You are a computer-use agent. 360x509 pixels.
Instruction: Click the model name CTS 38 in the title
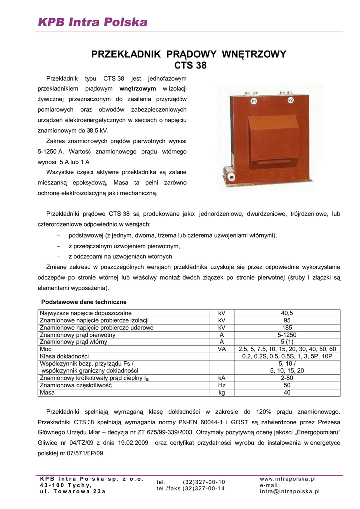click(189, 65)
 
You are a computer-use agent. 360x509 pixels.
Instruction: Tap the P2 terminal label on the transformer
click(291, 100)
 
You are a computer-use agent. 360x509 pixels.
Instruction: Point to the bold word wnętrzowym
click(138, 88)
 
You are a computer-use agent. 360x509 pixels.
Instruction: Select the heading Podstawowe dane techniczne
click(84, 302)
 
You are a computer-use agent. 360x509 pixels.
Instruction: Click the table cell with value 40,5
click(287, 313)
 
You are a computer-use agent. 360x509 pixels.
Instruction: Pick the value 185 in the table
click(287, 328)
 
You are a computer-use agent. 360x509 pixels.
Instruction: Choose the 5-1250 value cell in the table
click(287, 335)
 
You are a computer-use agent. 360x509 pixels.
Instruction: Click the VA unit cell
click(222, 349)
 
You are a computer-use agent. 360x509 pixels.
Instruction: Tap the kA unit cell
click(222, 378)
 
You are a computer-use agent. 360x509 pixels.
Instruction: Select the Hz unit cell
click(222, 385)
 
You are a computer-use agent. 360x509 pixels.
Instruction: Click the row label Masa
click(47, 392)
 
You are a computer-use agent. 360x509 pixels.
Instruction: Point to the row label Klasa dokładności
click(64, 356)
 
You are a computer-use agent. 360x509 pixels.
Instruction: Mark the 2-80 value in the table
click(287, 378)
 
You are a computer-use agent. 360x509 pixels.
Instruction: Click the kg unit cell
click(222, 392)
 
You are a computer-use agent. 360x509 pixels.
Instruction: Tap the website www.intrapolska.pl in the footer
click(288, 479)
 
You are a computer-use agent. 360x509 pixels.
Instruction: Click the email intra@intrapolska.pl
click(290, 491)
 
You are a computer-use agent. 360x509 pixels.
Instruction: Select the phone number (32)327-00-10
click(204, 482)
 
